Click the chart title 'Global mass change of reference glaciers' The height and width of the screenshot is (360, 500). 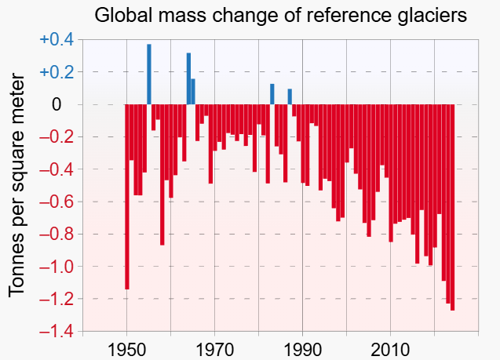pos(280,15)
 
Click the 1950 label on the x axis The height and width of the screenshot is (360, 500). pos(126,348)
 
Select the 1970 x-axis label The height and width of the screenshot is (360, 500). pos(214,348)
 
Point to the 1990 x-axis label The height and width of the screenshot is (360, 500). pos(302,348)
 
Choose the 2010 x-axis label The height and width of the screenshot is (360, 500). pos(390,348)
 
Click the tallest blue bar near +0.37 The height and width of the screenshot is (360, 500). pos(149,75)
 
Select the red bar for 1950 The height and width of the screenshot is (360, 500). pos(127,196)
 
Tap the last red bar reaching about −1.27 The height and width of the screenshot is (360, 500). pos(452,207)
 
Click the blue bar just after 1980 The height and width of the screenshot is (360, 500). pos(272,94)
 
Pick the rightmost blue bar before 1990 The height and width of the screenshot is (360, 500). pos(290,96)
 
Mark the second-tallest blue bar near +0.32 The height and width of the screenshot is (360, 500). pos(188,78)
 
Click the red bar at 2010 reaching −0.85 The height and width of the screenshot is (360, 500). pos(391,173)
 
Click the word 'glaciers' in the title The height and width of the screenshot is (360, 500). pos(438,15)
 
